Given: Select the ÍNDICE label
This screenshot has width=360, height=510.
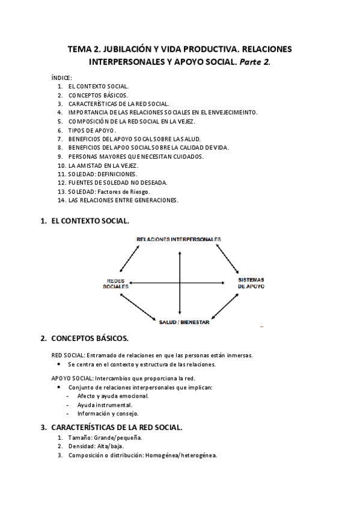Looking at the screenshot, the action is pyautogui.click(x=62, y=78).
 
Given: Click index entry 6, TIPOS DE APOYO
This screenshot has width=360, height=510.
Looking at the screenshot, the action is pyautogui.click(x=92, y=130).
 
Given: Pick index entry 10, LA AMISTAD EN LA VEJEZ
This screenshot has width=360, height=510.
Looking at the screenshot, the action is pyautogui.click(x=103, y=165).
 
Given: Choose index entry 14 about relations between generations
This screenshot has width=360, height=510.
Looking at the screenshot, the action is pyautogui.click(x=123, y=200).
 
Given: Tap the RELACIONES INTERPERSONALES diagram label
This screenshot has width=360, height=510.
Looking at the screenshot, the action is pyautogui.click(x=178, y=239).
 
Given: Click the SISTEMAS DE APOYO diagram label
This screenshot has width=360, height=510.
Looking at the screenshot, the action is pyautogui.click(x=251, y=283).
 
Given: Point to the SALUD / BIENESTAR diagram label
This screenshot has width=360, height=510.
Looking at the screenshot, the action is pyautogui.click(x=183, y=322).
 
